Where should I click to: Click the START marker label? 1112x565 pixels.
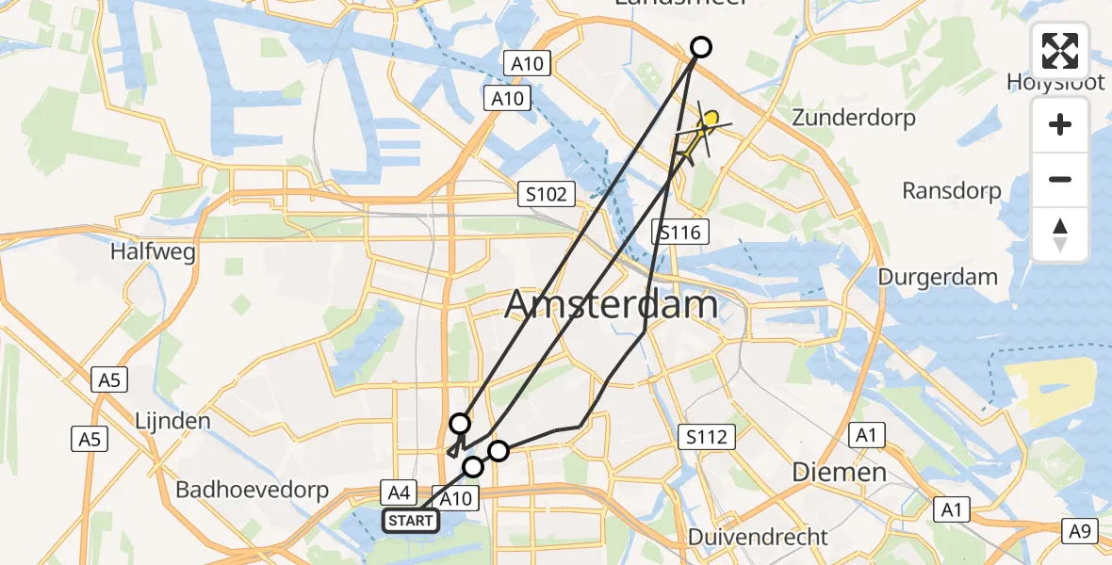[410, 521]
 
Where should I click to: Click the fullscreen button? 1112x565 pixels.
[1060, 51]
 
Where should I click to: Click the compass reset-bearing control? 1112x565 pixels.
[1060, 234]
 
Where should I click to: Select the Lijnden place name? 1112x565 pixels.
[172, 420]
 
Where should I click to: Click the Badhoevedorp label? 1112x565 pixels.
[252, 490]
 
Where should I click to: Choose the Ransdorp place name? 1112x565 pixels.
[951, 191]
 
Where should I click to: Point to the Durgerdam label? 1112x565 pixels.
[938, 277]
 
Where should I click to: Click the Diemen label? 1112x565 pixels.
[840, 471]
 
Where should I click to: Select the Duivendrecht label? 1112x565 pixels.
[759, 537]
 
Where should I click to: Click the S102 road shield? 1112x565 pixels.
[548, 195]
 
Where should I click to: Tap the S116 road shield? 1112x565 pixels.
[680, 233]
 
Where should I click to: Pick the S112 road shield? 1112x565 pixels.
[706, 436]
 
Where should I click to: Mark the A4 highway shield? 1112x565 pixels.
[398, 491]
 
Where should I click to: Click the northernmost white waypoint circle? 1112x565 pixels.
[701, 47]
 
